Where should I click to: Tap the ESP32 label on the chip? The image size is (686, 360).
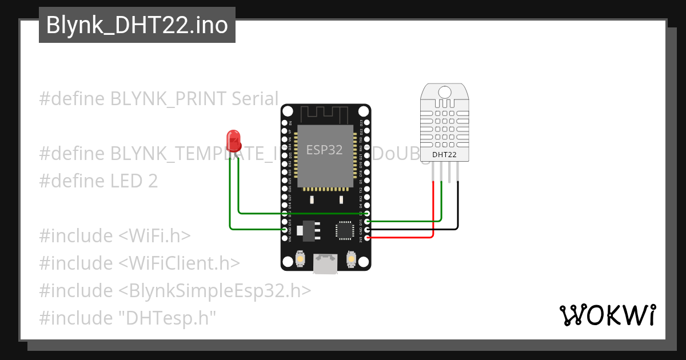point(324,150)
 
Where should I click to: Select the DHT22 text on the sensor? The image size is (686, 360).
point(444,154)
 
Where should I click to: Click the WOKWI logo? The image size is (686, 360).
point(607,315)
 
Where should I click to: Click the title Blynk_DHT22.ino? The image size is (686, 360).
point(137,25)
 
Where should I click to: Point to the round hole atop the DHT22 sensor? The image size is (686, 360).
point(444,90)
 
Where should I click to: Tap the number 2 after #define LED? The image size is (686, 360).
point(152,181)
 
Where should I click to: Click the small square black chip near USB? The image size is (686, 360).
point(345,229)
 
